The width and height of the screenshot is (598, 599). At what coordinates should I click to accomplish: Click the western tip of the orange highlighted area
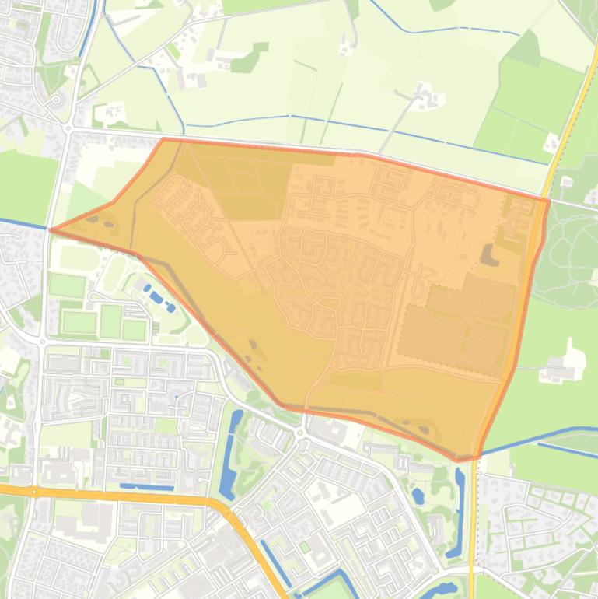point(51,229)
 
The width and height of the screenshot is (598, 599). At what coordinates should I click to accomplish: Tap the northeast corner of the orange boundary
point(549,201)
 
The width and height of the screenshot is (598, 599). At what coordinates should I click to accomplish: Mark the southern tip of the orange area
point(460,460)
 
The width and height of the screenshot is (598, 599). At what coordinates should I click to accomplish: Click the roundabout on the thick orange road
point(34,492)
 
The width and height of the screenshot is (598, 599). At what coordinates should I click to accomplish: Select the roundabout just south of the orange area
point(301,433)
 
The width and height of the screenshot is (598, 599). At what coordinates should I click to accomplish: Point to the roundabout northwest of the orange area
point(68,128)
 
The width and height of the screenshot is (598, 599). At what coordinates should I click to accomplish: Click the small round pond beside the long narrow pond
point(418,495)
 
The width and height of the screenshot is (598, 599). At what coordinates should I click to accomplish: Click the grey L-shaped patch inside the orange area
point(489,254)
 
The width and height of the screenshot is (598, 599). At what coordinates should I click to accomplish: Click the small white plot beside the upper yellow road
point(552,143)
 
